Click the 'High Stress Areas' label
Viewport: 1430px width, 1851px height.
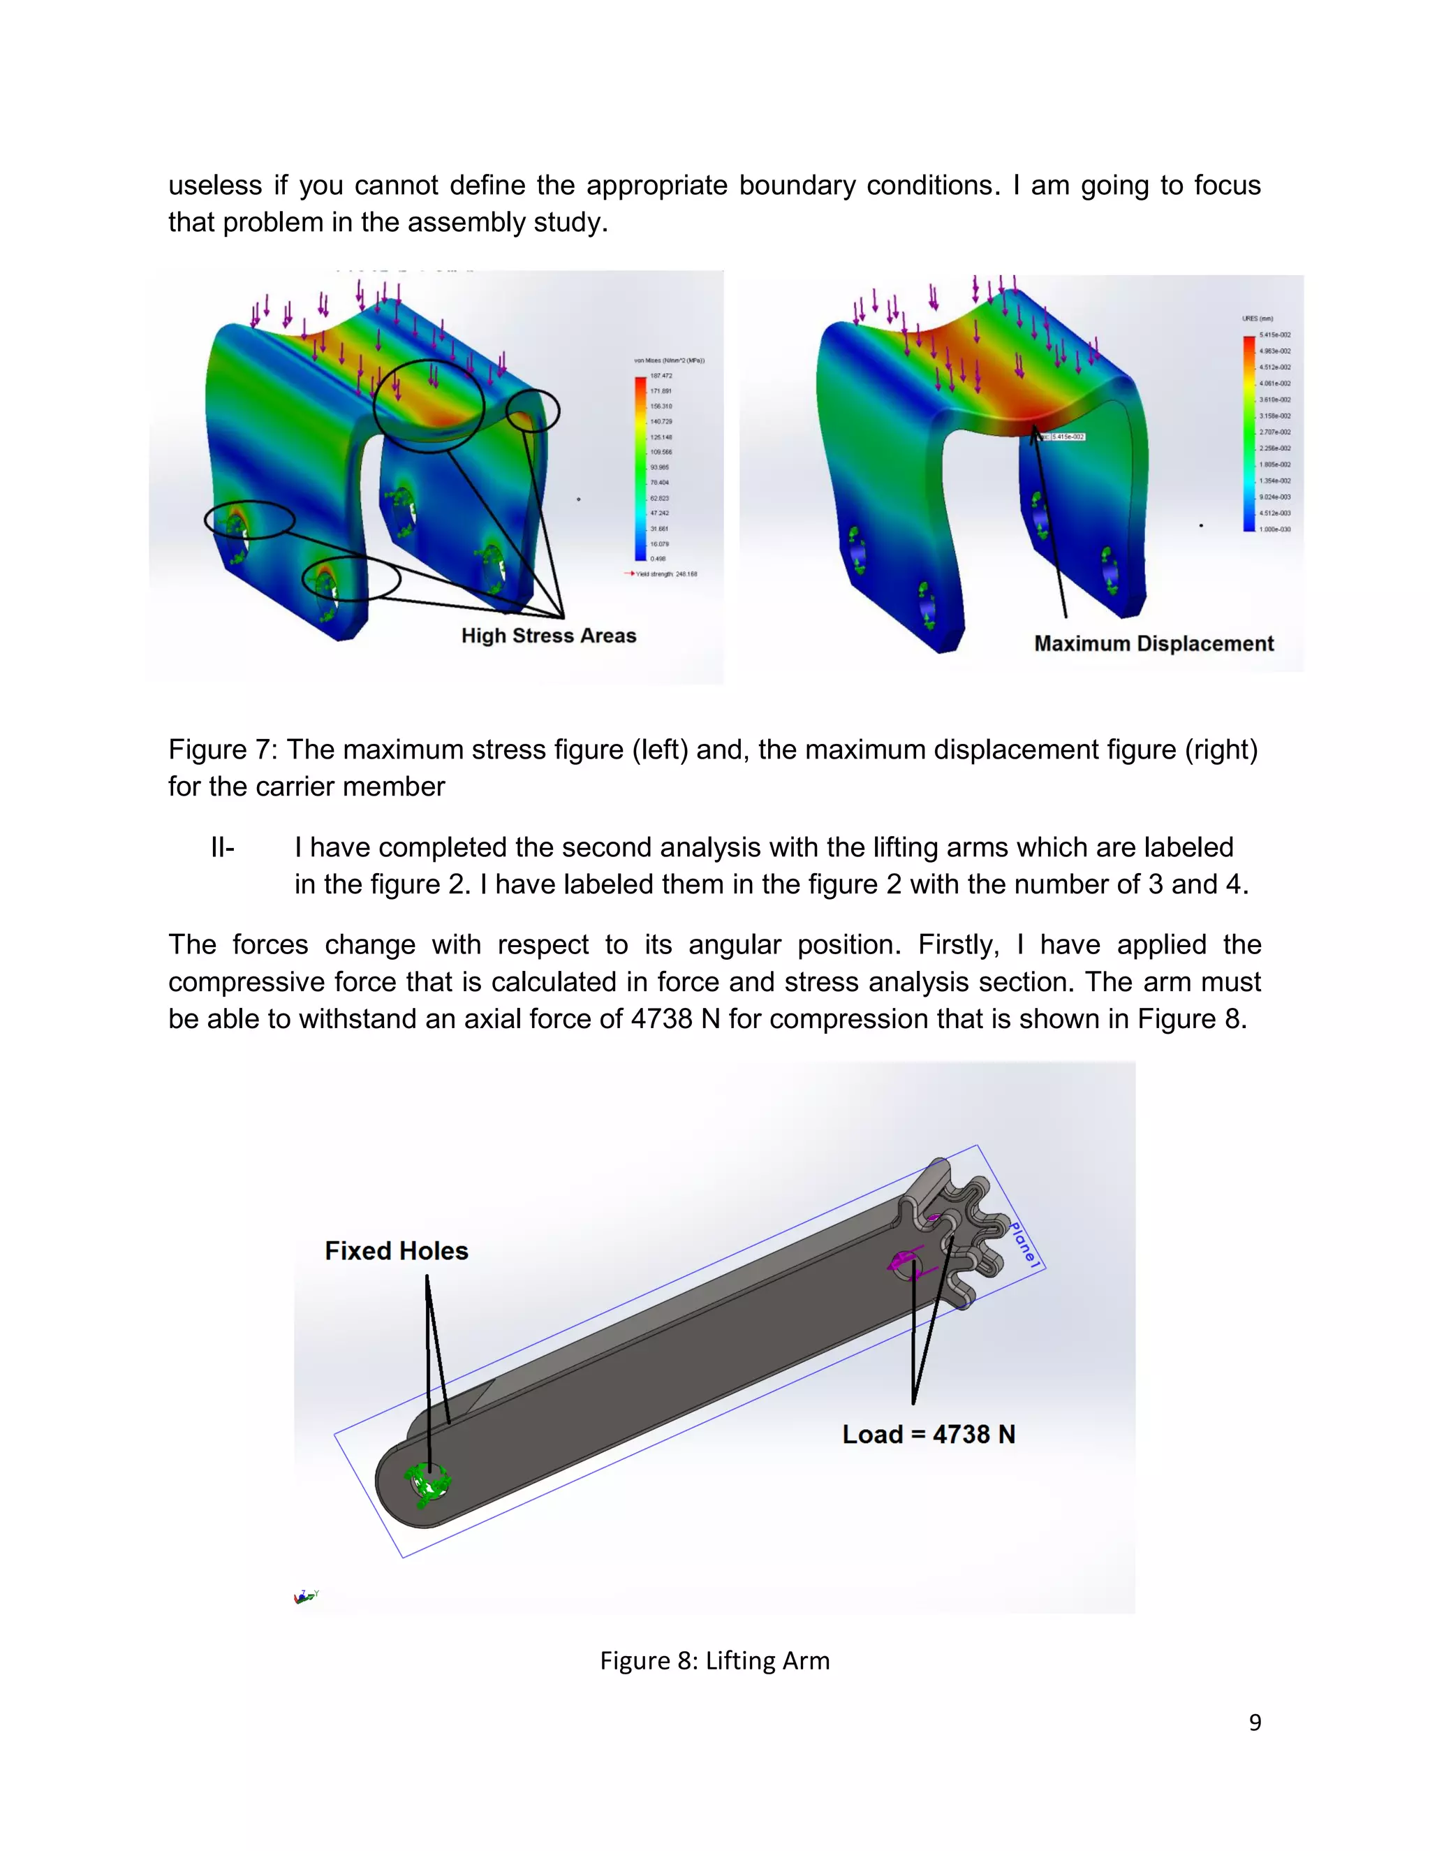coord(548,636)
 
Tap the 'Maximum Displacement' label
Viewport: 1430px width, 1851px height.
coord(1153,644)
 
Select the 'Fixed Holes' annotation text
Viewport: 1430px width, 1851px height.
coord(397,1251)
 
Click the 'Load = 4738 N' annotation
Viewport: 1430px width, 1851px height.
coord(929,1434)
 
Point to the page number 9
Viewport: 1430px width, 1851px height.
coord(1255,1722)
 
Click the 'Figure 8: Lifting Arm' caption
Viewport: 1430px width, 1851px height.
coord(714,1660)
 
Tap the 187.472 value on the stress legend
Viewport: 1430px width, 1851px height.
coord(661,376)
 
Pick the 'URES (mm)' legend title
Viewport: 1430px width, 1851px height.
coord(1257,319)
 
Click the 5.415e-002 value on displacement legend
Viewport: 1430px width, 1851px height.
coord(1274,335)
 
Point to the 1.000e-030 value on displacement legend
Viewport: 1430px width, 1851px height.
coord(1274,529)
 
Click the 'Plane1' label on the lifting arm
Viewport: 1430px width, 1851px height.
coord(1024,1244)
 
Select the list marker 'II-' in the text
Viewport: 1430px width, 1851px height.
coord(222,847)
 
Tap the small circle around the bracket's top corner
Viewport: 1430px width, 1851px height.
coord(533,411)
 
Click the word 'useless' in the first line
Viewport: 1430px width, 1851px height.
coord(214,185)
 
